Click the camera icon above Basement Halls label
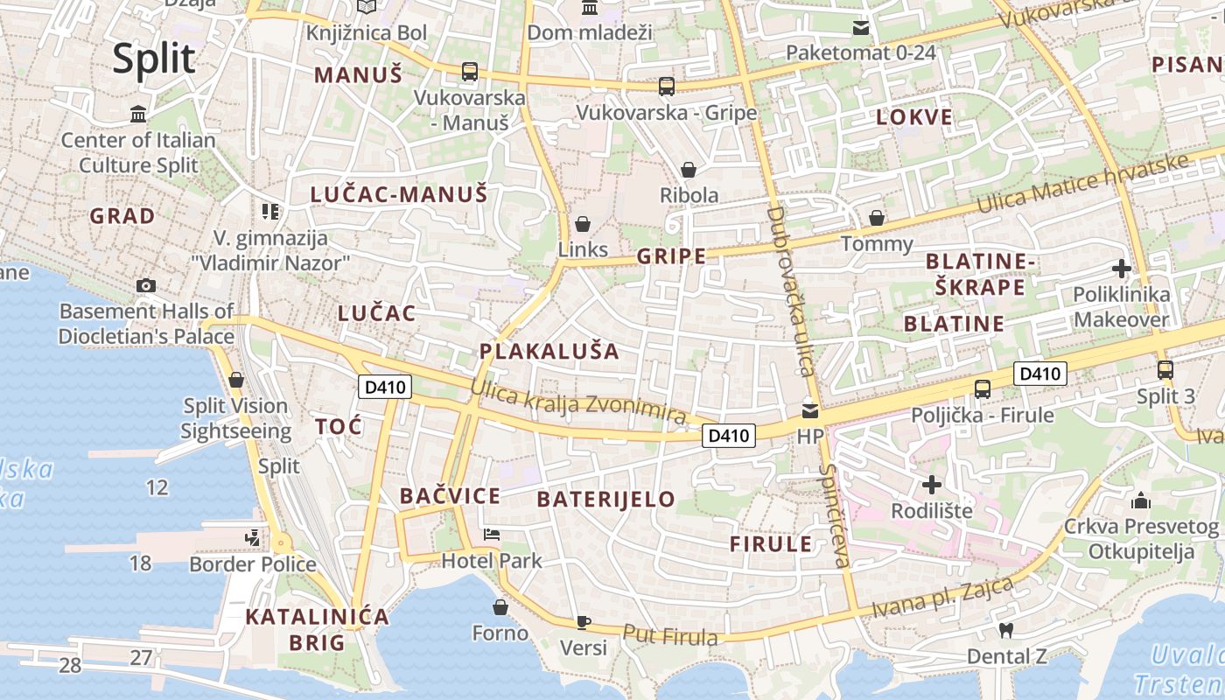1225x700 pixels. (x=146, y=285)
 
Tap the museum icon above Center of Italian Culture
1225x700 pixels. (x=138, y=114)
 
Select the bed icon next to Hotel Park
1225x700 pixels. (x=492, y=535)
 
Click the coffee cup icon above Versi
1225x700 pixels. (x=584, y=622)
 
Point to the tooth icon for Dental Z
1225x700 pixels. (x=1005, y=630)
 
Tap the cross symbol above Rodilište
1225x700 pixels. (x=933, y=484)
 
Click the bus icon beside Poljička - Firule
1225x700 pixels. (x=983, y=388)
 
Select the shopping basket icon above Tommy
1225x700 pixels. (x=877, y=218)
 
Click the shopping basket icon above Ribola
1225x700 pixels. (x=689, y=169)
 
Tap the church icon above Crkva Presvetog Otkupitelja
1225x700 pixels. (x=1141, y=500)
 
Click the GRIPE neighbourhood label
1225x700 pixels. (x=671, y=256)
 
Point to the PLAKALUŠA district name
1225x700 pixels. (x=549, y=352)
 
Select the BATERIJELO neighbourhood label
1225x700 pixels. (x=605, y=500)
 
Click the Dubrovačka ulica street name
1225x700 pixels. (x=790, y=290)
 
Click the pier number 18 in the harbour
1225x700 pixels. (x=140, y=563)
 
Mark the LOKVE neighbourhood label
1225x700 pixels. (x=914, y=118)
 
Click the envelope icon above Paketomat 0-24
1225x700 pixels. (x=862, y=28)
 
